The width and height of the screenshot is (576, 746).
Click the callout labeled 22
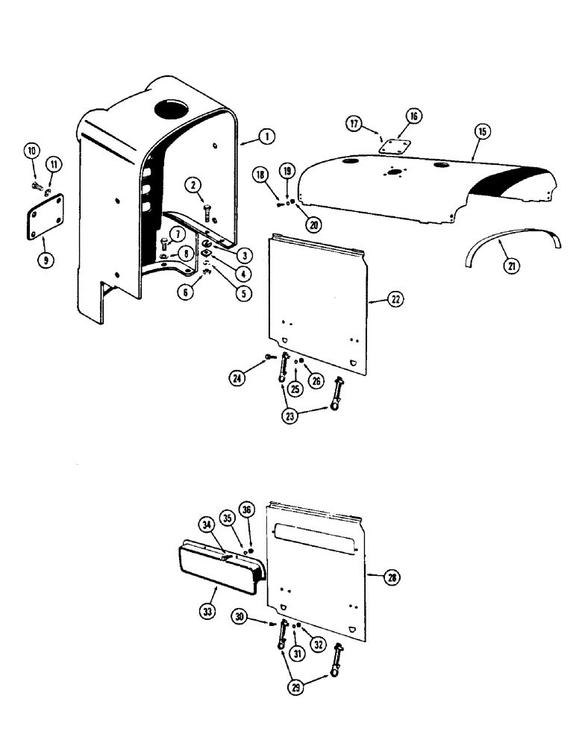pos(395,300)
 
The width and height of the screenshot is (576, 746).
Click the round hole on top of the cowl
pos(173,109)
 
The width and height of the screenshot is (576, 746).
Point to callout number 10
pos(33,151)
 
